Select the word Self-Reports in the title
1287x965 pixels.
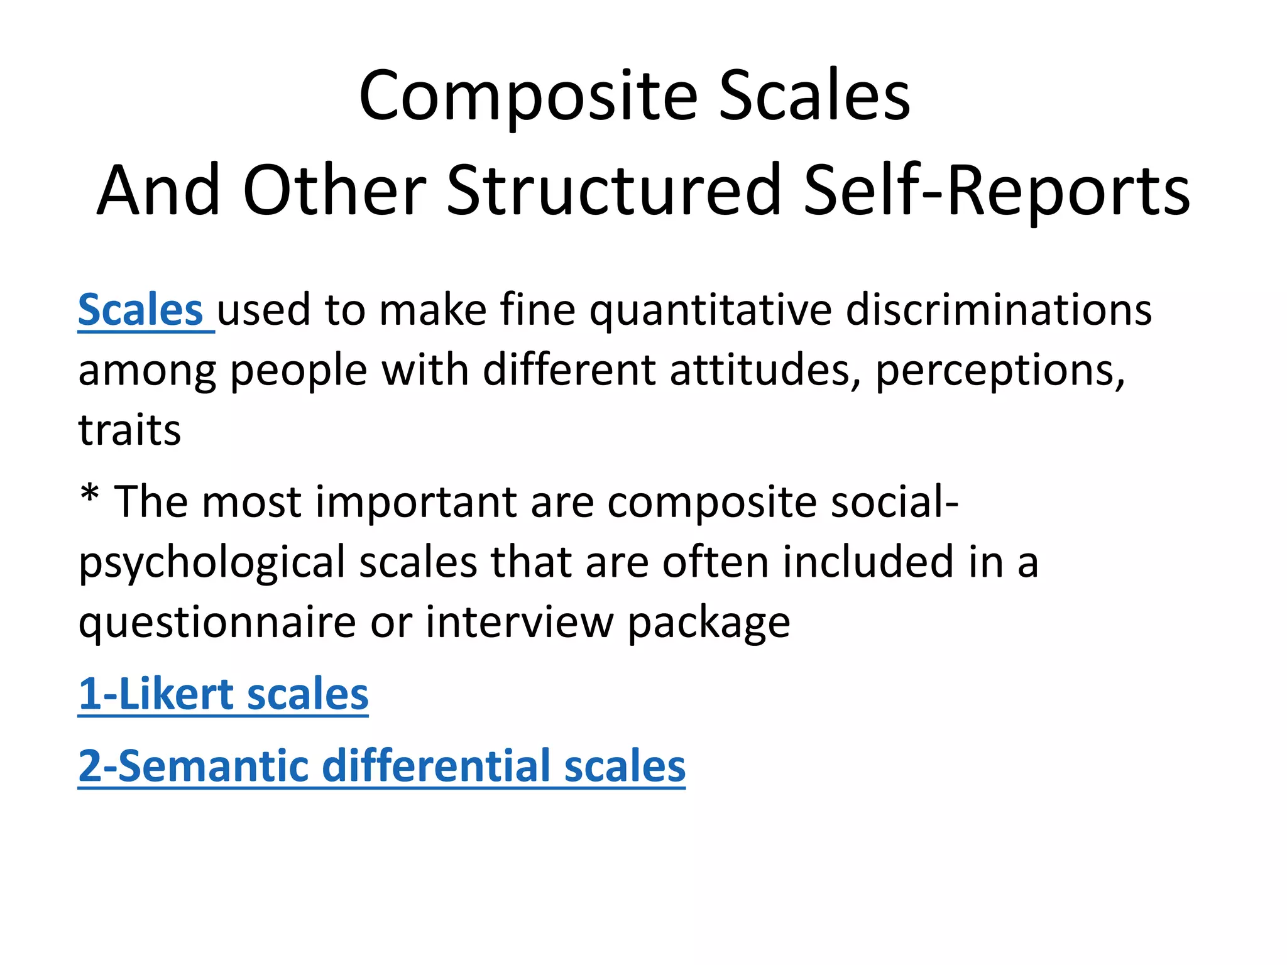pyautogui.click(x=996, y=190)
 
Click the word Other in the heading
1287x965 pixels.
pyautogui.click(x=334, y=190)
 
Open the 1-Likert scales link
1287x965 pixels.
pyautogui.click(x=223, y=694)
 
